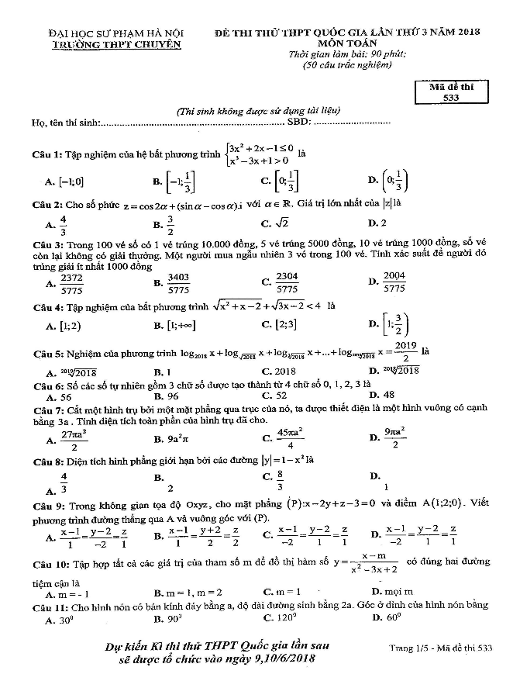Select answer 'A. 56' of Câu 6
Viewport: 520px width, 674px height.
58,395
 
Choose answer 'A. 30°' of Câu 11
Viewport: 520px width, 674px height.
59,619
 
